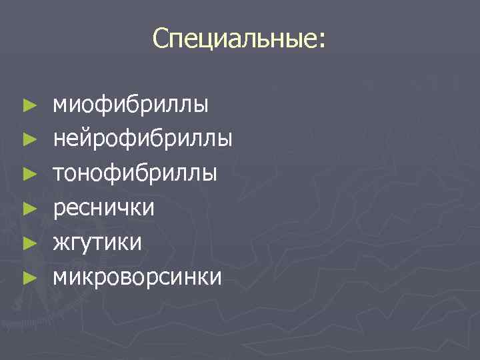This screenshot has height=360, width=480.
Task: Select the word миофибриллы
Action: tap(131, 105)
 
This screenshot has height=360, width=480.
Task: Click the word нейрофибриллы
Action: tap(143, 139)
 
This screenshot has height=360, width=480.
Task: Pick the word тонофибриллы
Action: tap(135, 174)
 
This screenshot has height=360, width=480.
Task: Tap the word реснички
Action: tap(104, 209)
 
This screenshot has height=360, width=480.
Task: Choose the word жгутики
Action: tap(97, 242)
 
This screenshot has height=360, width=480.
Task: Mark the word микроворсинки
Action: tap(137, 275)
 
